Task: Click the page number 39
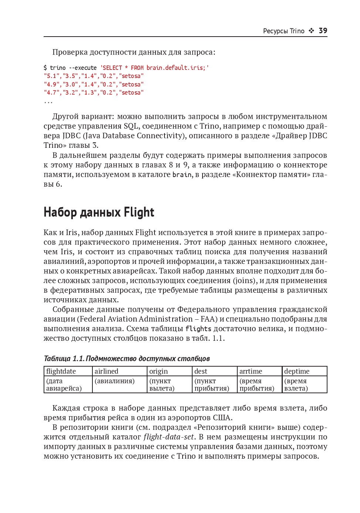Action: coord(323,31)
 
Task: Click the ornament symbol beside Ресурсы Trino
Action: coord(311,31)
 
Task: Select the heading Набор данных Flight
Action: coord(99,212)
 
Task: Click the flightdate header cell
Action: coord(61,371)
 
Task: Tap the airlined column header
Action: coord(106,371)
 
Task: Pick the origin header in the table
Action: coord(159,371)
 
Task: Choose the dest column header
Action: coord(201,371)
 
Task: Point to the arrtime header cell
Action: coord(251,371)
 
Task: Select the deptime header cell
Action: coord(297,371)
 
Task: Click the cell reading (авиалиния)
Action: coord(115,381)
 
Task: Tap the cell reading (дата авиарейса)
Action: coord(64,385)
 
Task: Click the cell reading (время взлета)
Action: coord(296,385)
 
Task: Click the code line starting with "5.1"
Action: coord(94,76)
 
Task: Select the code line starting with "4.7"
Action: coord(94,93)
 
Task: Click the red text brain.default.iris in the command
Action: coord(175,68)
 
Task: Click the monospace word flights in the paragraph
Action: coord(198,329)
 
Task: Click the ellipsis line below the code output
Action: coord(48,101)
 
